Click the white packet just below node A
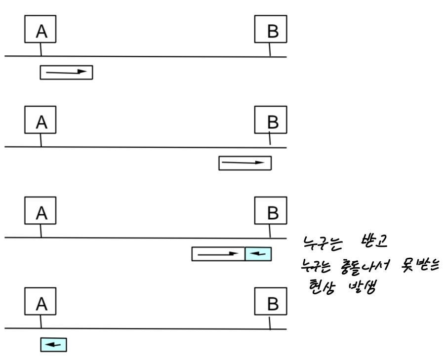click(x=66, y=73)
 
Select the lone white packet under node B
click(x=245, y=163)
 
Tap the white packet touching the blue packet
click(x=218, y=254)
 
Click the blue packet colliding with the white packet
click(x=258, y=254)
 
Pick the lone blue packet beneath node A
click(x=53, y=344)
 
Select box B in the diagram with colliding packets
click(x=270, y=212)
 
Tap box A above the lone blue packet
click(x=41, y=302)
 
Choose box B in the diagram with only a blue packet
click(x=270, y=302)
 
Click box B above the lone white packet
click(x=270, y=121)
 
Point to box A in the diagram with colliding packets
click(x=41, y=212)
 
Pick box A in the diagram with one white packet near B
click(x=41, y=121)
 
